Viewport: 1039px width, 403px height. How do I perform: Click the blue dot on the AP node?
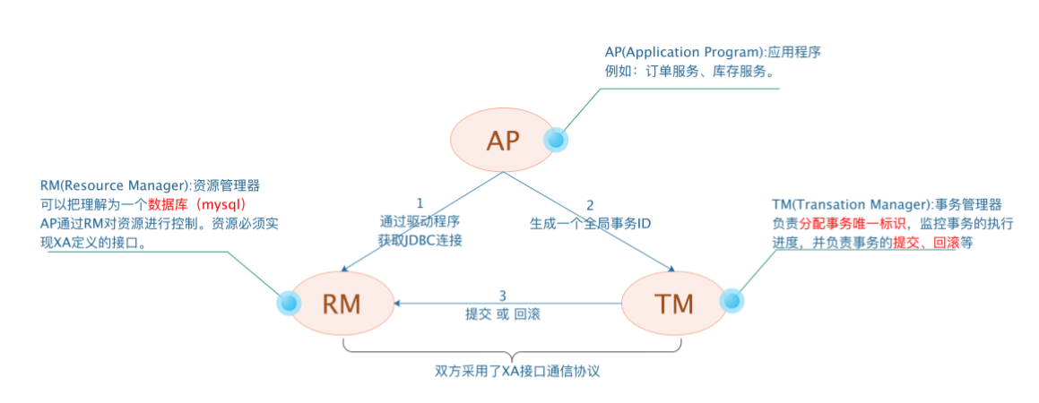[556, 140]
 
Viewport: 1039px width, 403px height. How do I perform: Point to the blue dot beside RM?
[288, 304]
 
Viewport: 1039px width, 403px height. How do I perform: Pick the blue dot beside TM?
[730, 302]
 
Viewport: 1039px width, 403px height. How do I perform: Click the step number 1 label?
[419, 203]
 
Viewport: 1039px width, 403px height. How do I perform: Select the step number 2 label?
[589, 204]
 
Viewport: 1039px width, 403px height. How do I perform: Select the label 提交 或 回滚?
[503, 315]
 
